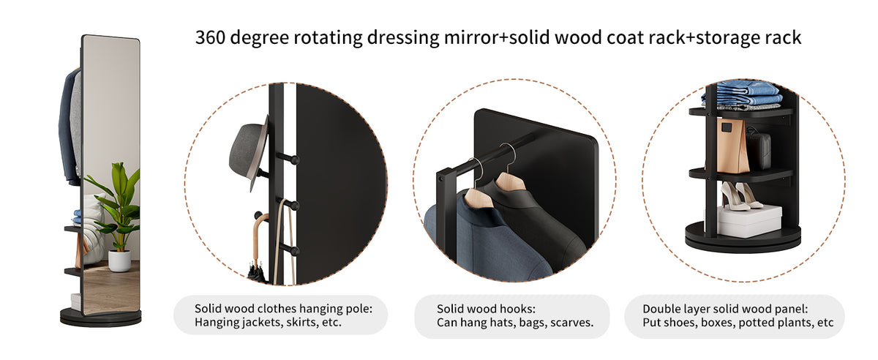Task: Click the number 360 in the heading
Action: pos(210,37)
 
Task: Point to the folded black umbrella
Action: pos(257,272)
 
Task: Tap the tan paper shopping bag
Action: pos(732,146)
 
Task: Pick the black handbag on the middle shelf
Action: pos(759,149)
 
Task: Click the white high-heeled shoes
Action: pos(740,195)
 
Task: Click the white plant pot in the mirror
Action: pos(119,260)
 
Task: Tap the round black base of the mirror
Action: pos(101,318)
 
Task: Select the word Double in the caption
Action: pos(661,309)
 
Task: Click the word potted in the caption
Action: pos(765,323)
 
